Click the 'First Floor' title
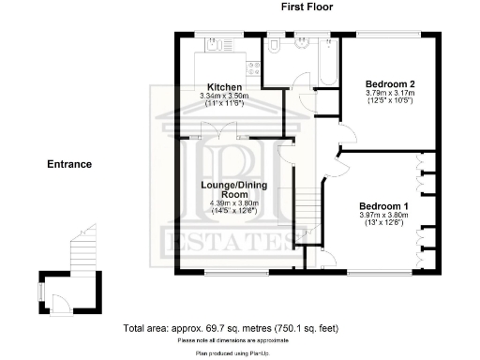point(307,7)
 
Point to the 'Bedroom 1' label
point(383,206)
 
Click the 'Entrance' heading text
point(69,164)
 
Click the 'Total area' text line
point(230,329)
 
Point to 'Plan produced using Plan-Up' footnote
point(230,353)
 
